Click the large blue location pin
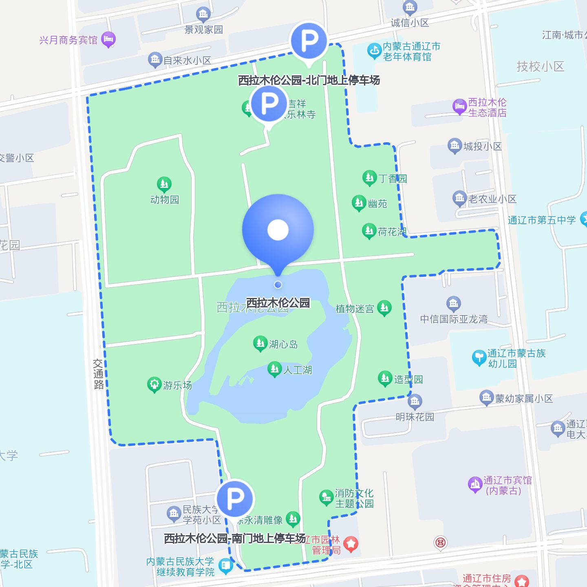click(278, 230)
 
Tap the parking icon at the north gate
click(309, 41)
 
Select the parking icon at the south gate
click(235, 498)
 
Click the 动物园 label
click(165, 200)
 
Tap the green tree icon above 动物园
click(164, 185)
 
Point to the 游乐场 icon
click(154, 384)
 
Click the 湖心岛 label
click(283, 344)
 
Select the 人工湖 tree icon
click(275, 369)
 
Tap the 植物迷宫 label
click(355, 309)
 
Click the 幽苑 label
click(377, 203)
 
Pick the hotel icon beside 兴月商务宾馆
click(108, 40)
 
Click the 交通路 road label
click(99, 374)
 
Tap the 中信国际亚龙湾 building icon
click(453, 303)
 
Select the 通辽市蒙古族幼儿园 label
click(516, 358)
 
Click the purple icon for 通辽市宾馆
click(475, 485)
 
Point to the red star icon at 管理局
click(351, 543)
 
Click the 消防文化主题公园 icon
click(326, 497)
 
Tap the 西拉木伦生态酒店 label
click(487, 107)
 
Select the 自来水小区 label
click(188, 61)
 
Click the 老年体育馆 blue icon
click(374, 51)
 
